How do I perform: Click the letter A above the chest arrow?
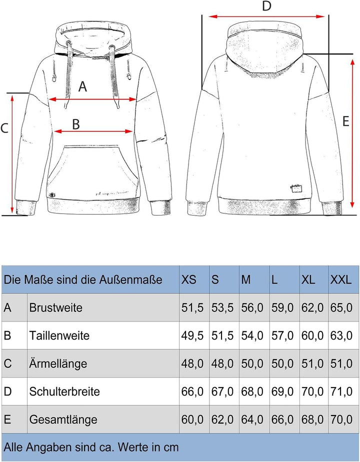tap(83, 87)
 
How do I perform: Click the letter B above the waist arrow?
tap(76, 124)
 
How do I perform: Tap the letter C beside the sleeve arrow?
tap(4, 128)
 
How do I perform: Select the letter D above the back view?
tap(266, 6)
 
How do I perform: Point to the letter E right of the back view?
tap(345, 121)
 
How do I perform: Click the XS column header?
tap(189, 279)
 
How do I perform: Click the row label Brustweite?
tap(55, 307)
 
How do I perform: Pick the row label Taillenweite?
tap(59, 335)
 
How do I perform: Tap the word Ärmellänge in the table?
tap(58, 363)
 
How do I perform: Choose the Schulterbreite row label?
tap(64, 391)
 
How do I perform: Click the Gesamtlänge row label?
tap(63, 419)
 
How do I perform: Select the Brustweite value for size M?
tap(252, 307)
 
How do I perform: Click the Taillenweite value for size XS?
tap(192, 335)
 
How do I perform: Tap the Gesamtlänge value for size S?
tap(222, 419)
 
